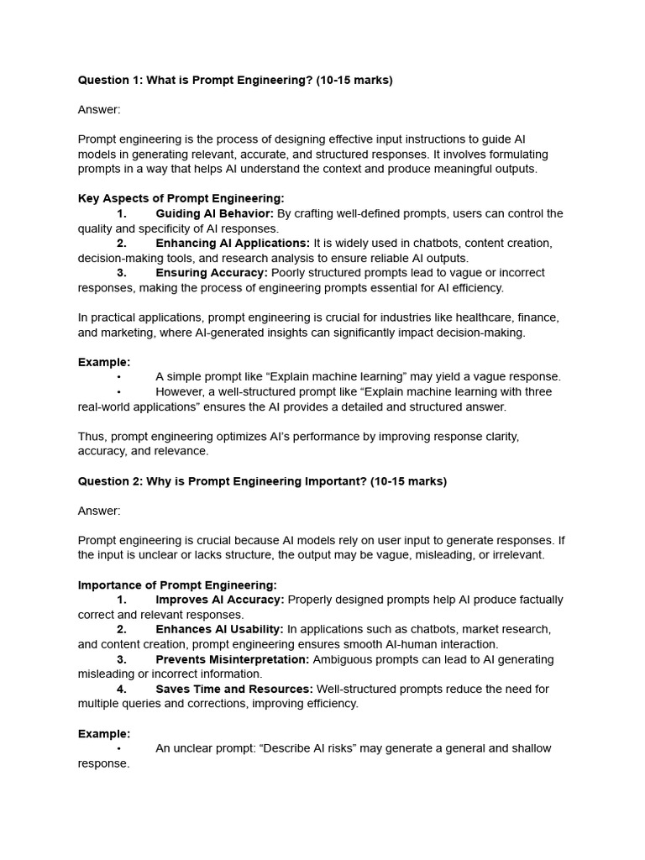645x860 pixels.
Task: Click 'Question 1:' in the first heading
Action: tap(110, 81)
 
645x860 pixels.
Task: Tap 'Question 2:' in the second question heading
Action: tap(110, 481)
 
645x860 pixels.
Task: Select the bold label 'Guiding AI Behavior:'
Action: tap(214, 213)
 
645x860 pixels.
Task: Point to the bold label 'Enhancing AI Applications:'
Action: tap(233, 244)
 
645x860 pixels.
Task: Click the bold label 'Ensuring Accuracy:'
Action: tap(212, 273)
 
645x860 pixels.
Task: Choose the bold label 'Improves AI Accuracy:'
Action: tap(220, 600)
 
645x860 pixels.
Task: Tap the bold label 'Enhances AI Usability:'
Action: tap(219, 629)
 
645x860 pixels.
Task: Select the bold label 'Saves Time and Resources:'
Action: tap(234, 689)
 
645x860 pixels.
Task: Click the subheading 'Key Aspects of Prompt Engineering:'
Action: tap(181, 198)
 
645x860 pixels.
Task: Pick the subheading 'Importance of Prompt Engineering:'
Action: tap(177, 585)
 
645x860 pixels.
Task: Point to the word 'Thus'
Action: tap(92, 437)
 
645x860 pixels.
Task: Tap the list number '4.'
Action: tap(122, 689)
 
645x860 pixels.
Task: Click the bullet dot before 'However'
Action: tap(119, 392)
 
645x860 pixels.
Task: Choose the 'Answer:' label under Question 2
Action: tap(99, 511)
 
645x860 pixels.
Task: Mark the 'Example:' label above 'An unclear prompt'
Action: tap(104, 733)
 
